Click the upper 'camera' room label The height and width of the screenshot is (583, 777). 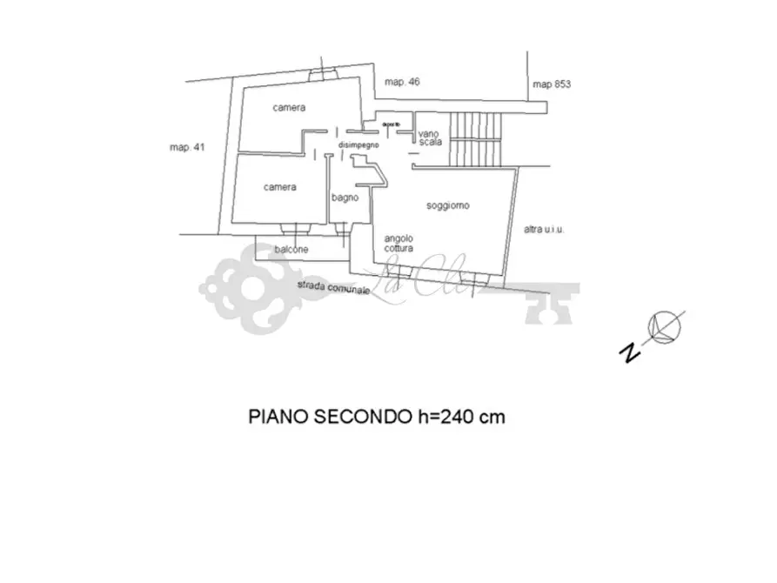coord(289,108)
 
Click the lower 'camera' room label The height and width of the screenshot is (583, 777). coord(280,187)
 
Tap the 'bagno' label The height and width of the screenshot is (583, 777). coord(345,198)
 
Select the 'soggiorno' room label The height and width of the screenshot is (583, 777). coord(448,206)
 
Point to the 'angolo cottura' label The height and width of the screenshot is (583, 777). coord(399,243)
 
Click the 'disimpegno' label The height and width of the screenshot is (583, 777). coord(358,145)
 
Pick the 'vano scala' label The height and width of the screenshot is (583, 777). coord(430,137)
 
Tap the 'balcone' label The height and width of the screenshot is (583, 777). coord(291,250)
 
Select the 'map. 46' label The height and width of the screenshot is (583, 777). coord(403,83)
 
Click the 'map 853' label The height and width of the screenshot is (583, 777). coord(552,84)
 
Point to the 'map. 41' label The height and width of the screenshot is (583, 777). coord(186,148)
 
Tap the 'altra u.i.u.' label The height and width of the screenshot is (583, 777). coord(545,230)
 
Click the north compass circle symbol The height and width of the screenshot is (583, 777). coord(667,326)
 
